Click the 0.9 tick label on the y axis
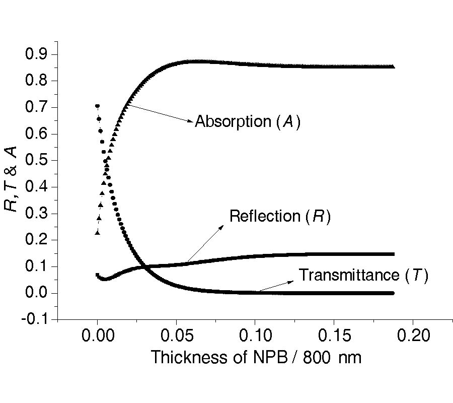pos(37,54)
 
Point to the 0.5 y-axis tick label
pos(37,161)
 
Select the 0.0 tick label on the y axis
pos(37,293)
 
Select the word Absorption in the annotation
pos(233,122)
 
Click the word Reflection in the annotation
pos(264,217)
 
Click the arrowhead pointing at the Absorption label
pos(191,121)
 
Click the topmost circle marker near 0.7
pos(97,106)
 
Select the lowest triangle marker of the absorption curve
pos(98,233)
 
